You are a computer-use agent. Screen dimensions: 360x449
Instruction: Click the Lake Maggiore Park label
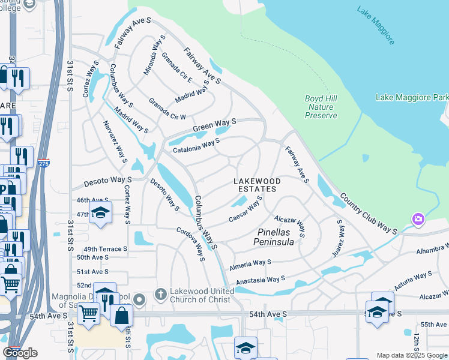(412, 97)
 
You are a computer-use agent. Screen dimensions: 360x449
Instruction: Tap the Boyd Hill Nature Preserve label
(321, 107)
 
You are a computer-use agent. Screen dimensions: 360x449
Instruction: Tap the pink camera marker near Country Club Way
(418, 220)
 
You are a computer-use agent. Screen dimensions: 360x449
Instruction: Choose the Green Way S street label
(214, 125)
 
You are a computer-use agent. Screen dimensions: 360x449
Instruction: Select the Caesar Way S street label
(246, 210)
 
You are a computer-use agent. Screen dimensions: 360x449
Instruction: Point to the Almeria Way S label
(250, 262)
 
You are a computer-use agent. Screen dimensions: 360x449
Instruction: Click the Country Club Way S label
(369, 213)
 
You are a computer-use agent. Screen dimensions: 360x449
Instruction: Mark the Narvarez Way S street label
(118, 141)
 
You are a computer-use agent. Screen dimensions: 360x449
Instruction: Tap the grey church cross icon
(160, 294)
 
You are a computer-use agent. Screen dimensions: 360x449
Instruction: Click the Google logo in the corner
(20, 353)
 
